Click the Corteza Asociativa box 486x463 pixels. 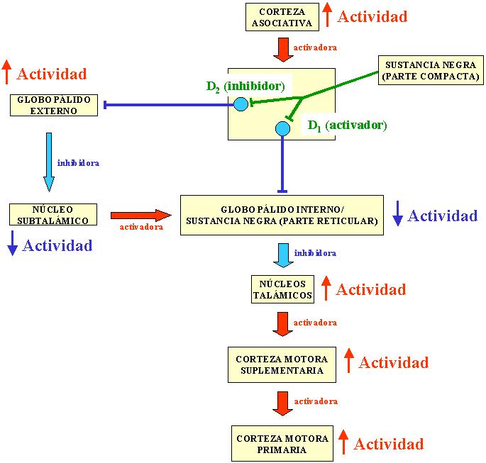(282, 17)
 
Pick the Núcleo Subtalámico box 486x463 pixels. (53, 215)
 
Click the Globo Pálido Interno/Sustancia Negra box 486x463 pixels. (282, 215)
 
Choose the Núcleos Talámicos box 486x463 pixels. (283, 290)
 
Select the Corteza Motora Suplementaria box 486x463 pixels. (282, 364)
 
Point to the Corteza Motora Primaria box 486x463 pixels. (282, 444)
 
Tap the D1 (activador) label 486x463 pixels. (346, 125)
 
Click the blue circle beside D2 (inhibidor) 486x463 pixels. (241, 105)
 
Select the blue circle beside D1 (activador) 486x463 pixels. (282, 128)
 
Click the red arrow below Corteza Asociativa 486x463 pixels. (282, 50)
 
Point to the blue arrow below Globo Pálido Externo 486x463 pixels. (49, 162)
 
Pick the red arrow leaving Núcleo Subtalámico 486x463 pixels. (140, 215)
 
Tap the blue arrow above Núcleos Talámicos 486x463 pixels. (282, 255)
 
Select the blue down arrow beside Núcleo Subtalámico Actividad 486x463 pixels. (12, 246)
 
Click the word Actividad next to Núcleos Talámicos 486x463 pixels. (370, 289)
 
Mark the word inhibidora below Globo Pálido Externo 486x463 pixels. (78, 163)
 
